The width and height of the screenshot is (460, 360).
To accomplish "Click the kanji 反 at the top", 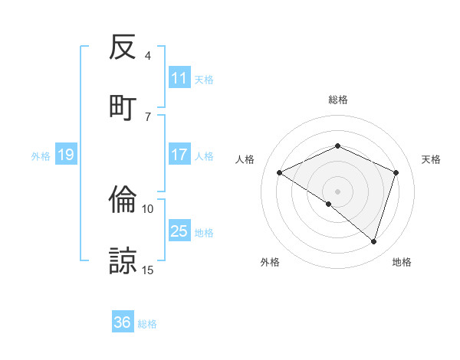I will pos(123,48).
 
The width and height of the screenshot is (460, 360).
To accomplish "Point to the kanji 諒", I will pos(123,260).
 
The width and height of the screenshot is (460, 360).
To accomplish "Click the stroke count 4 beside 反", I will pos(148,56).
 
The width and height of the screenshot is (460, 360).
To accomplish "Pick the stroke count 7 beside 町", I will pos(148,116).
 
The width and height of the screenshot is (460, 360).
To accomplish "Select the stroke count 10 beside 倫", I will pos(148,208).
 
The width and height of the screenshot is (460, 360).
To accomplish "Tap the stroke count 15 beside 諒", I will pos(148,270).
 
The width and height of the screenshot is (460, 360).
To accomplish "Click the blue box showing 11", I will pos(179,78).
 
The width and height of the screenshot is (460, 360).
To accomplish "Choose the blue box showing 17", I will pos(179,155).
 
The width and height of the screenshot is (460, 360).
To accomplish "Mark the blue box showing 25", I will pos(179,231).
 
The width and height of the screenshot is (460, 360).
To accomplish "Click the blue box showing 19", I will pos(65,155).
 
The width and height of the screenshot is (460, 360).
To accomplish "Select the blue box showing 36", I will pos(123,322).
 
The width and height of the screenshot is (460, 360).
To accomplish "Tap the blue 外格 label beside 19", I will pos(41,156).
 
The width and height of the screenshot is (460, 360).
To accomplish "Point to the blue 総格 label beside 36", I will pos(148,324).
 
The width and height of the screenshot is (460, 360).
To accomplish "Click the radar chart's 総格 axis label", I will pos(337,100).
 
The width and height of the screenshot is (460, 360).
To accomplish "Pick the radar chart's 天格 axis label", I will pos(431,159).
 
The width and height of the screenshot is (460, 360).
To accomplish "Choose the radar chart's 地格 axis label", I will pos(402,262).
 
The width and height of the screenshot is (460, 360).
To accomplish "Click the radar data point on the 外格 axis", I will pos(329,204).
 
